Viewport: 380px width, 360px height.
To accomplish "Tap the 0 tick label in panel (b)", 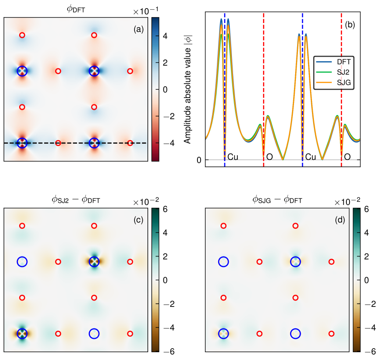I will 199,160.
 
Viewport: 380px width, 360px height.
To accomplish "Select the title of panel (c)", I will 76,200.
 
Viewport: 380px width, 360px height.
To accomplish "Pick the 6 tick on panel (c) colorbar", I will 165,209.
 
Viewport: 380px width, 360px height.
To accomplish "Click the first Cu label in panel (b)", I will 233,157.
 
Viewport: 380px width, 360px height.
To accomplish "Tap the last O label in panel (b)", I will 347,157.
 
